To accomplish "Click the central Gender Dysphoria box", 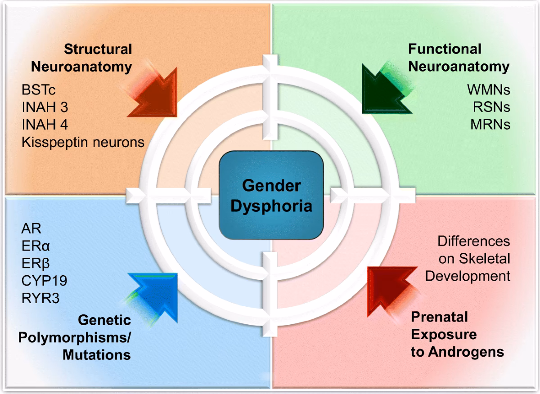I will point(271,196).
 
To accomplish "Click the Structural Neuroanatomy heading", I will point(81,58).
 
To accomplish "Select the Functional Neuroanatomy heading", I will point(458,58).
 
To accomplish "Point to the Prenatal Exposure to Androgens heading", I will point(457,335).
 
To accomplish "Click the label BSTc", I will point(39,90).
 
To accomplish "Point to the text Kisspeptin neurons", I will point(83,143).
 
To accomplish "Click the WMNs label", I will point(488,90).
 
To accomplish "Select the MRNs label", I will point(489,125).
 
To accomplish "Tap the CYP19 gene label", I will point(44,281).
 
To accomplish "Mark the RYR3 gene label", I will point(40,298).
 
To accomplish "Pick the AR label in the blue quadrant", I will point(31,228).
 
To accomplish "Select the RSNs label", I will point(491,107).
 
